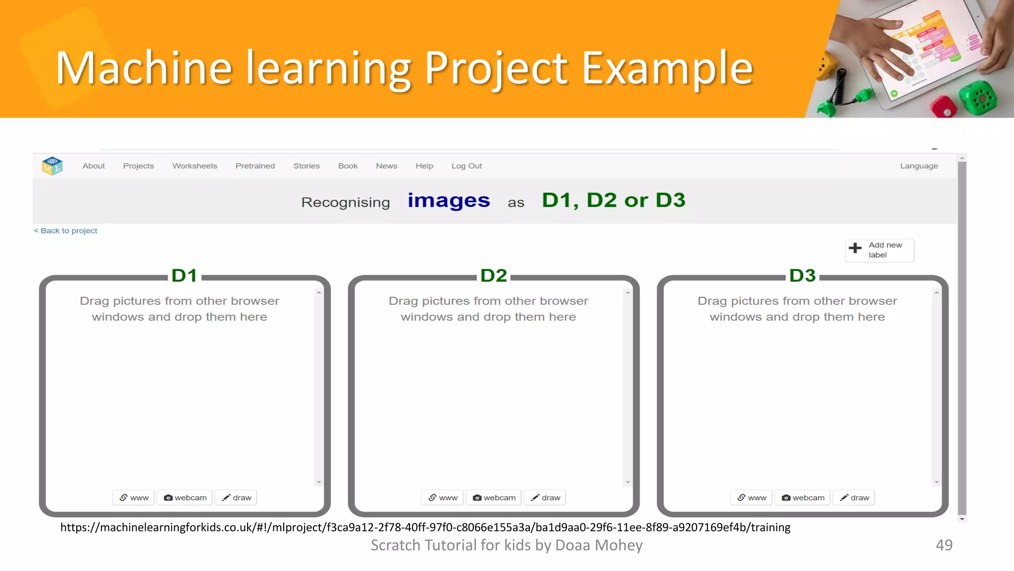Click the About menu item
coord(94,166)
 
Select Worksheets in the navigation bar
coord(195,166)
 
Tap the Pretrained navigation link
coord(255,166)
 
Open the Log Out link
coord(466,166)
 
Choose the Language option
coord(919,166)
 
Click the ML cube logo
coord(52,166)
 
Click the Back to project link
coord(65,231)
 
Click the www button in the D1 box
coord(134,498)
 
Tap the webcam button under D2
coord(494,498)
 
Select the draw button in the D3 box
coord(854,498)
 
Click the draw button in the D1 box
coord(236,498)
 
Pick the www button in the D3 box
coord(751,498)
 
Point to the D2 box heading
coord(494,276)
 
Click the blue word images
coord(449,201)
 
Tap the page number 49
coord(944,545)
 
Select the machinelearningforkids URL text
coord(425,527)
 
